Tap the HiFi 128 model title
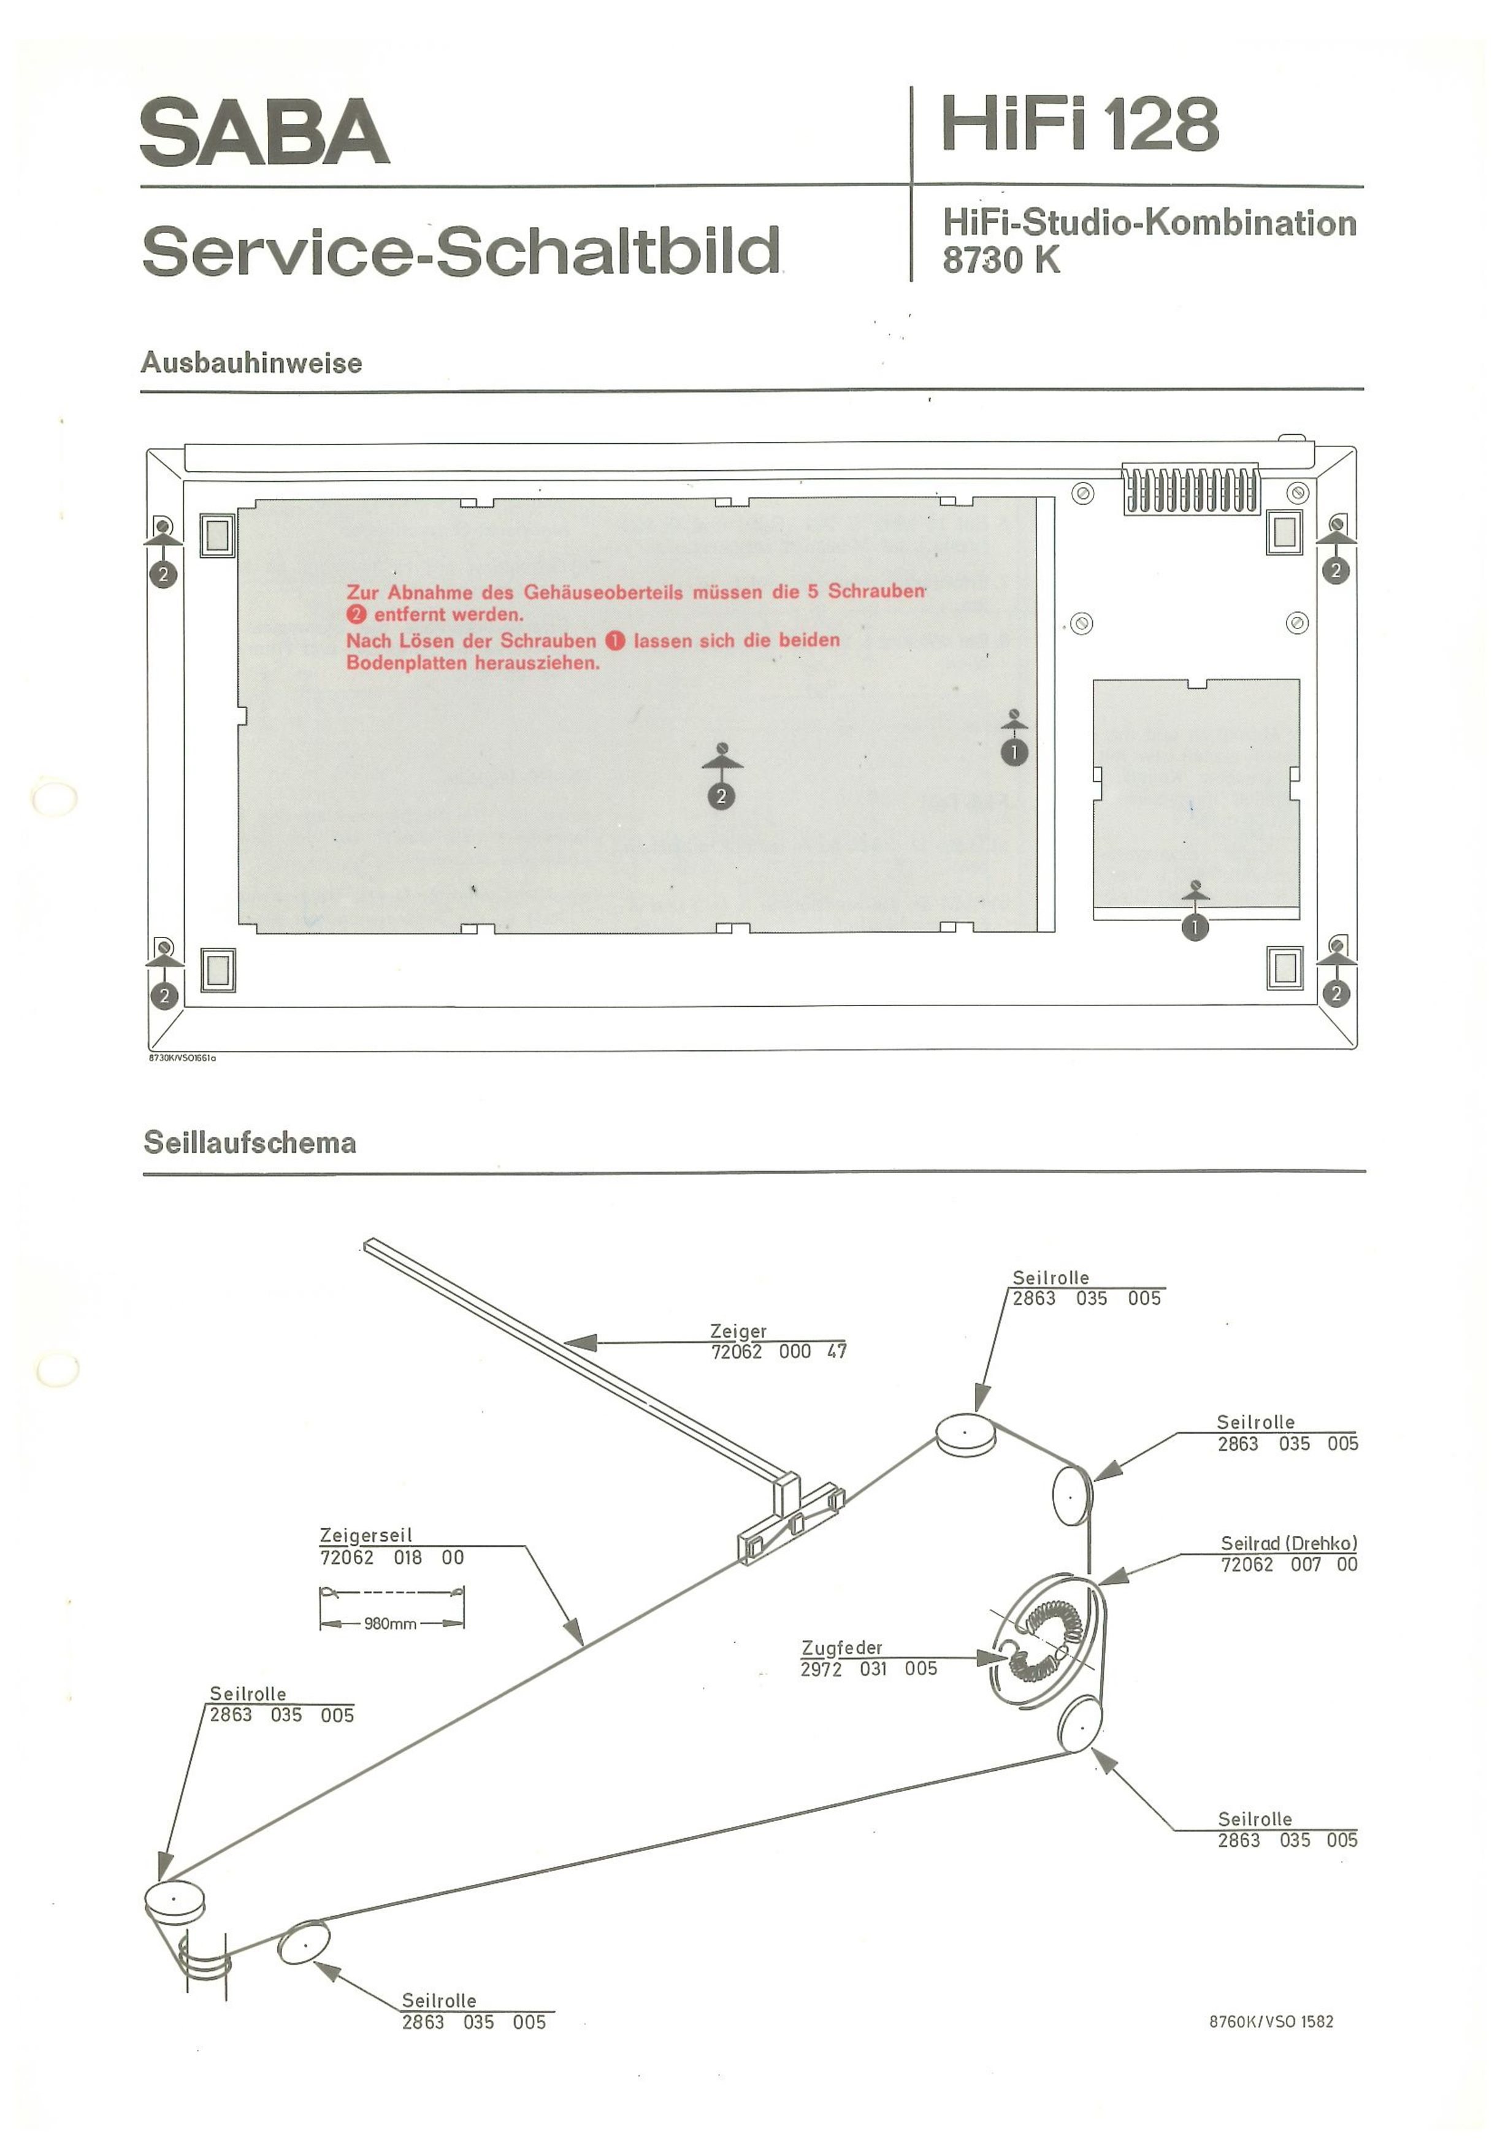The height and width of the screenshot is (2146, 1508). pos(1080,124)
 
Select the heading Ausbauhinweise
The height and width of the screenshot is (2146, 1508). pos(251,362)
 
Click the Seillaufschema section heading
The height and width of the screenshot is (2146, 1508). pos(250,1142)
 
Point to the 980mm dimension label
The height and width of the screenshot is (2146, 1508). pos(391,1624)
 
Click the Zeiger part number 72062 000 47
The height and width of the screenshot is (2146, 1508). pos(779,1351)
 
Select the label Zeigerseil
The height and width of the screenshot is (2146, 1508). pos(366,1535)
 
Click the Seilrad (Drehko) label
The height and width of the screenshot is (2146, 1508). pos(1288,1543)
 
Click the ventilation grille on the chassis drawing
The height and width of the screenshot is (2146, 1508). pos(1190,490)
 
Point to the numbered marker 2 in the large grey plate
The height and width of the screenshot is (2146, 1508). pos(721,796)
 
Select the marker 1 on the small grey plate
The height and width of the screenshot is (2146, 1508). pos(1195,927)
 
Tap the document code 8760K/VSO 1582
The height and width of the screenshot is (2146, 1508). pos(1271,2021)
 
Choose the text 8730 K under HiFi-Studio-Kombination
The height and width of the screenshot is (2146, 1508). pos(1001,260)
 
